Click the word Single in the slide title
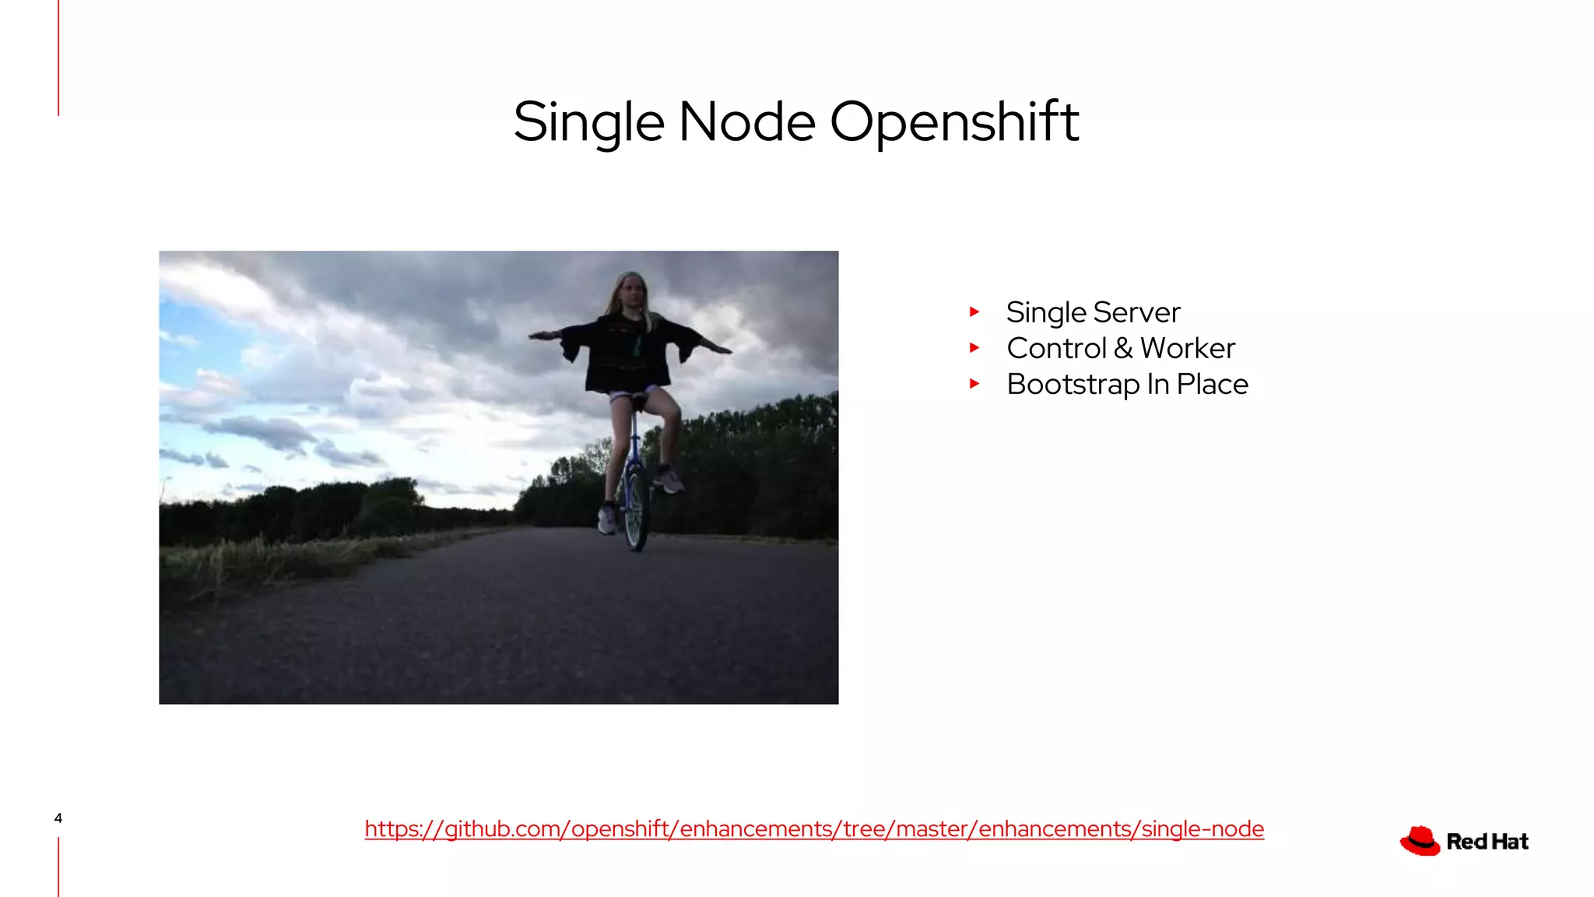(588, 122)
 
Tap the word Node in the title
(746, 122)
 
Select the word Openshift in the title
(954, 122)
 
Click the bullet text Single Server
(1093, 312)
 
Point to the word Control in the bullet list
(1056, 348)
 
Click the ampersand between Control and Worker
(1123, 348)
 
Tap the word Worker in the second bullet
(1188, 348)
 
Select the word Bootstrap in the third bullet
(1073, 385)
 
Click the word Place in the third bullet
(1212, 384)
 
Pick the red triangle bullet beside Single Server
(974, 312)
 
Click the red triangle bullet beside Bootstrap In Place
(974, 384)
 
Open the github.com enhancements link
(814, 828)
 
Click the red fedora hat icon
(1420, 841)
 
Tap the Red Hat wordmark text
(1487, 842)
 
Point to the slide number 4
(58, 818)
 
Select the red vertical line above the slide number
(58, 58)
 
